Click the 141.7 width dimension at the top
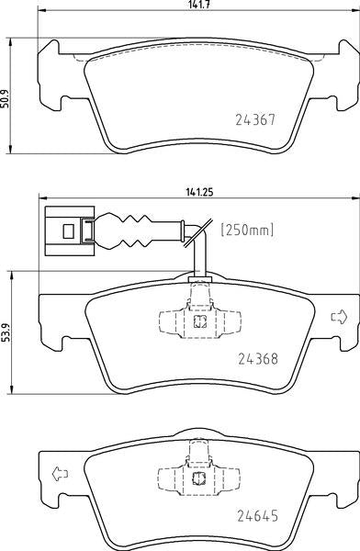pos(194,6)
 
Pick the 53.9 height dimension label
pos(5,328)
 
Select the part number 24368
pos(258,360)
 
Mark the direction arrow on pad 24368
pos(337,318)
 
